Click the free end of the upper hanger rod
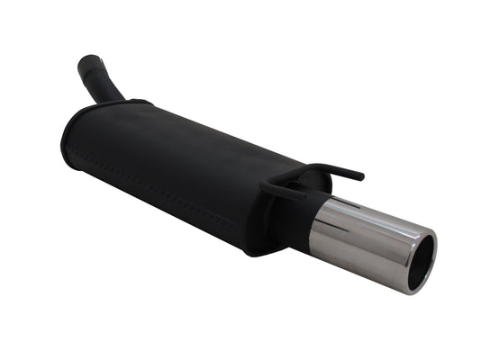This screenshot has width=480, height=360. (359, 175)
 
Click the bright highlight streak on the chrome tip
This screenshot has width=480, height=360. (360, 219)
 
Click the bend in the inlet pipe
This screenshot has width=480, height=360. (108, 85)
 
